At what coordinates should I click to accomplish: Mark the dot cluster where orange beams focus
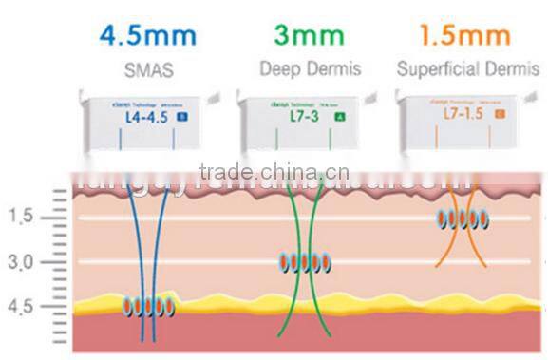click(463, 220)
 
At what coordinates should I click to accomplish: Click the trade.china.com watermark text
click(275, 172)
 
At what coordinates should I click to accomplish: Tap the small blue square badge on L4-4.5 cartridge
click(183, 118)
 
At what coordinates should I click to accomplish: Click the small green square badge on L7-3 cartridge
click(339, 117)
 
